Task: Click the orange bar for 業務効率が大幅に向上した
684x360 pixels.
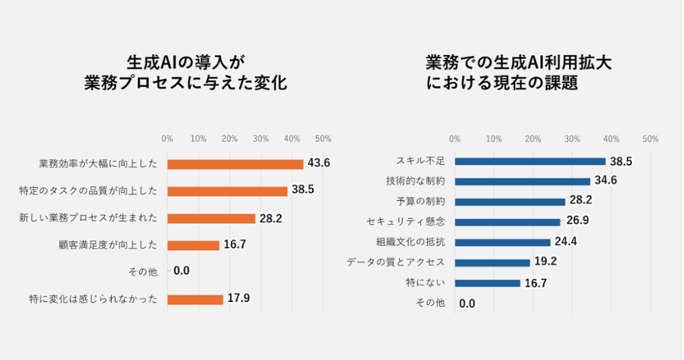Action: tap(235, 164)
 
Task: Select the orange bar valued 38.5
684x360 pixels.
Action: tap(227, 191)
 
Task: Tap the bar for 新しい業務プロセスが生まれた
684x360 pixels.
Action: tap(211, 218)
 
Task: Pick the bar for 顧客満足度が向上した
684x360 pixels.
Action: tap(193, 245)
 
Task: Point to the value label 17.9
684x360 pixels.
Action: tap(238, 299)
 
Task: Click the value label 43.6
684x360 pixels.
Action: tap(319, 163)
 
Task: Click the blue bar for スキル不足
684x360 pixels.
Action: tap(530, 161)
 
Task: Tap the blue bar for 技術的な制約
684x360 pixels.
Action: tap(522, 181)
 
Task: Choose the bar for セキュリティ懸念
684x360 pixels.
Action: tap(508, 222)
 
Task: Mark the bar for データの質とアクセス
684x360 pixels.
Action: tap(492, 262)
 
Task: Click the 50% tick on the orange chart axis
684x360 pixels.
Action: tap(323, 138)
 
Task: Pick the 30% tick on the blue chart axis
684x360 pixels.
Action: tap(572, 139)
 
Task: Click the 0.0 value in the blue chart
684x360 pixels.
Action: tap(467, 303)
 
